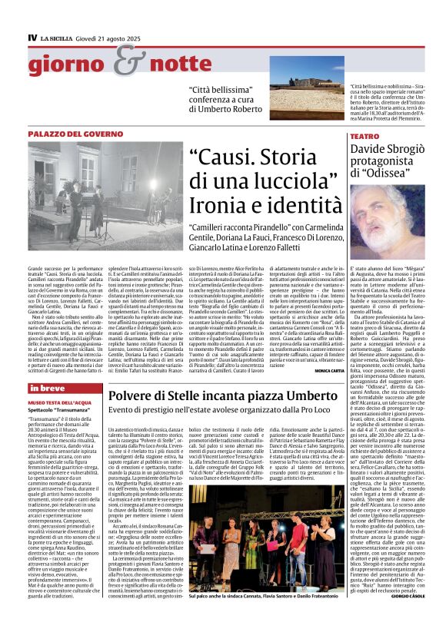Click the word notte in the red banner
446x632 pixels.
pyautogui.click(x=167, y=68)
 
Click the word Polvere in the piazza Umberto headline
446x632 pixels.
pyautogui.click(x=148, y=395)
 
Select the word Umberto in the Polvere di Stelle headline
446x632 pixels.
pyautogui.click(x=309, y=395)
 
